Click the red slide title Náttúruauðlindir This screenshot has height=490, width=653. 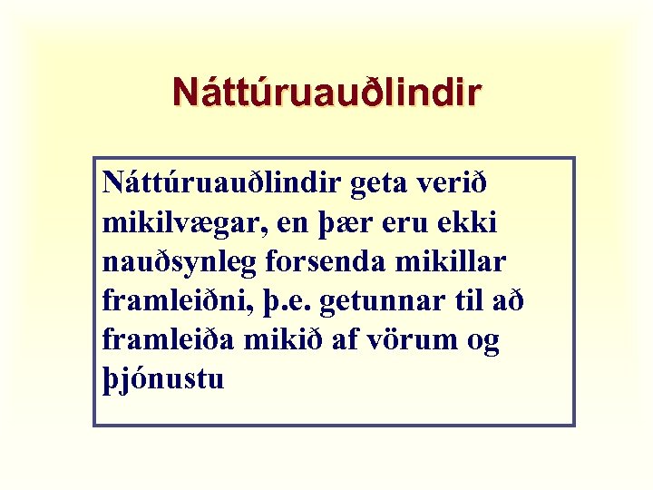click(326, 93)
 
